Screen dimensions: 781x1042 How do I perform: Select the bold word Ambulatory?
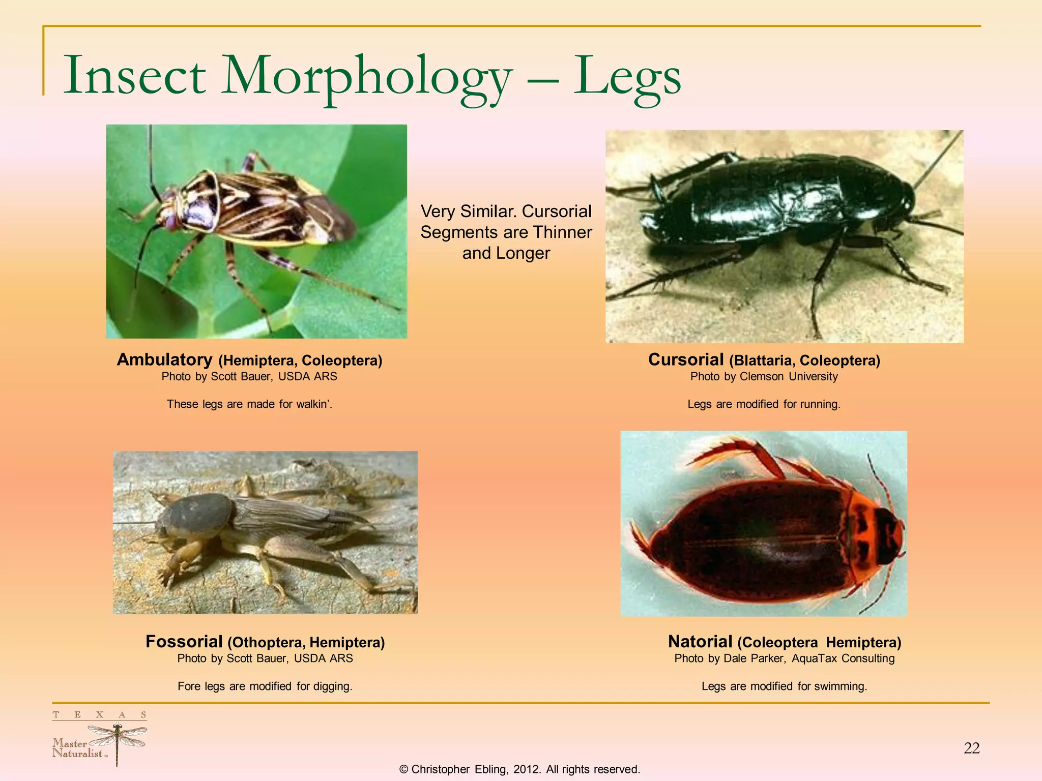[x=164, y=359]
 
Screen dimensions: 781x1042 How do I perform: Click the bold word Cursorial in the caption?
[x=685, y=359]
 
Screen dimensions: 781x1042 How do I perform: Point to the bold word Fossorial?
[x=184, y=642]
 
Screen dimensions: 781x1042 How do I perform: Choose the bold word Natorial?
[x=700, y=642]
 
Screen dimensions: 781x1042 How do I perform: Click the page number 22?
[x=971, y=748]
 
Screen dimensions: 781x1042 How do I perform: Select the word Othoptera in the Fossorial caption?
[x=266, y=643]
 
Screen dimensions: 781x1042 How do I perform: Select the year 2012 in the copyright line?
[x=526, y=769]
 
